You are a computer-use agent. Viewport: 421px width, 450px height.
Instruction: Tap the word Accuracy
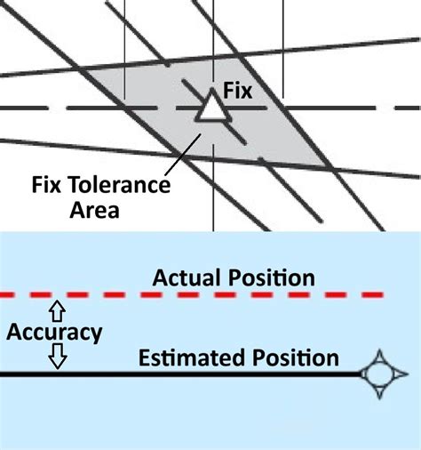coord(53,333)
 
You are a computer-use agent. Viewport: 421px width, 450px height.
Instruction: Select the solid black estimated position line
coord(178,374)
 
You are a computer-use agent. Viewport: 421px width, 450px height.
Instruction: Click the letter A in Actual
coord(160,277)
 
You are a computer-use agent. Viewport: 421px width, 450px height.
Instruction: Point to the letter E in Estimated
coord(143,358)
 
